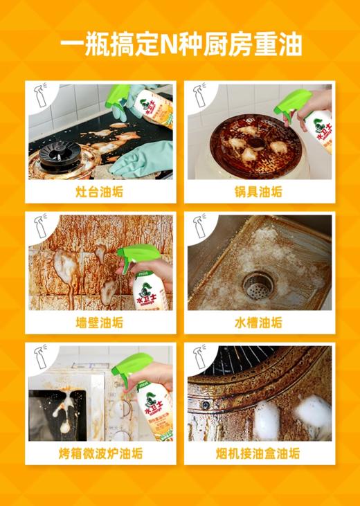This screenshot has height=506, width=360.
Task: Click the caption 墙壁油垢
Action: (x=98, y=323)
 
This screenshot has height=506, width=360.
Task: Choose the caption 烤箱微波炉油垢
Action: (x=98, y=453)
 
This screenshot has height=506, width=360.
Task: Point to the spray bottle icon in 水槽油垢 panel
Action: (x=200, y=227)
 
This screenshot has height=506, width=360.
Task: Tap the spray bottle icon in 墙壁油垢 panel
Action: (x=40, y=227)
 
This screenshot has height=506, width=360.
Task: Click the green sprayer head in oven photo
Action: (x=132, y=363)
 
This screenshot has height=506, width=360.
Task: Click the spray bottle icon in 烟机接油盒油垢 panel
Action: (x=200, y=358)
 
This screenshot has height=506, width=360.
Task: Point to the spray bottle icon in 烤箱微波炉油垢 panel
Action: (x=40, y=358)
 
